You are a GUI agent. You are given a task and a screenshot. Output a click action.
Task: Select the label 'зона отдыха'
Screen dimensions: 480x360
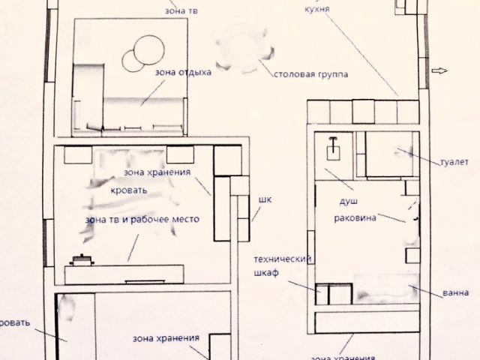point(183,73)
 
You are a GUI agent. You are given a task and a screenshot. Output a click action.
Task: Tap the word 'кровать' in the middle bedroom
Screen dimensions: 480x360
point(128,190)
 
